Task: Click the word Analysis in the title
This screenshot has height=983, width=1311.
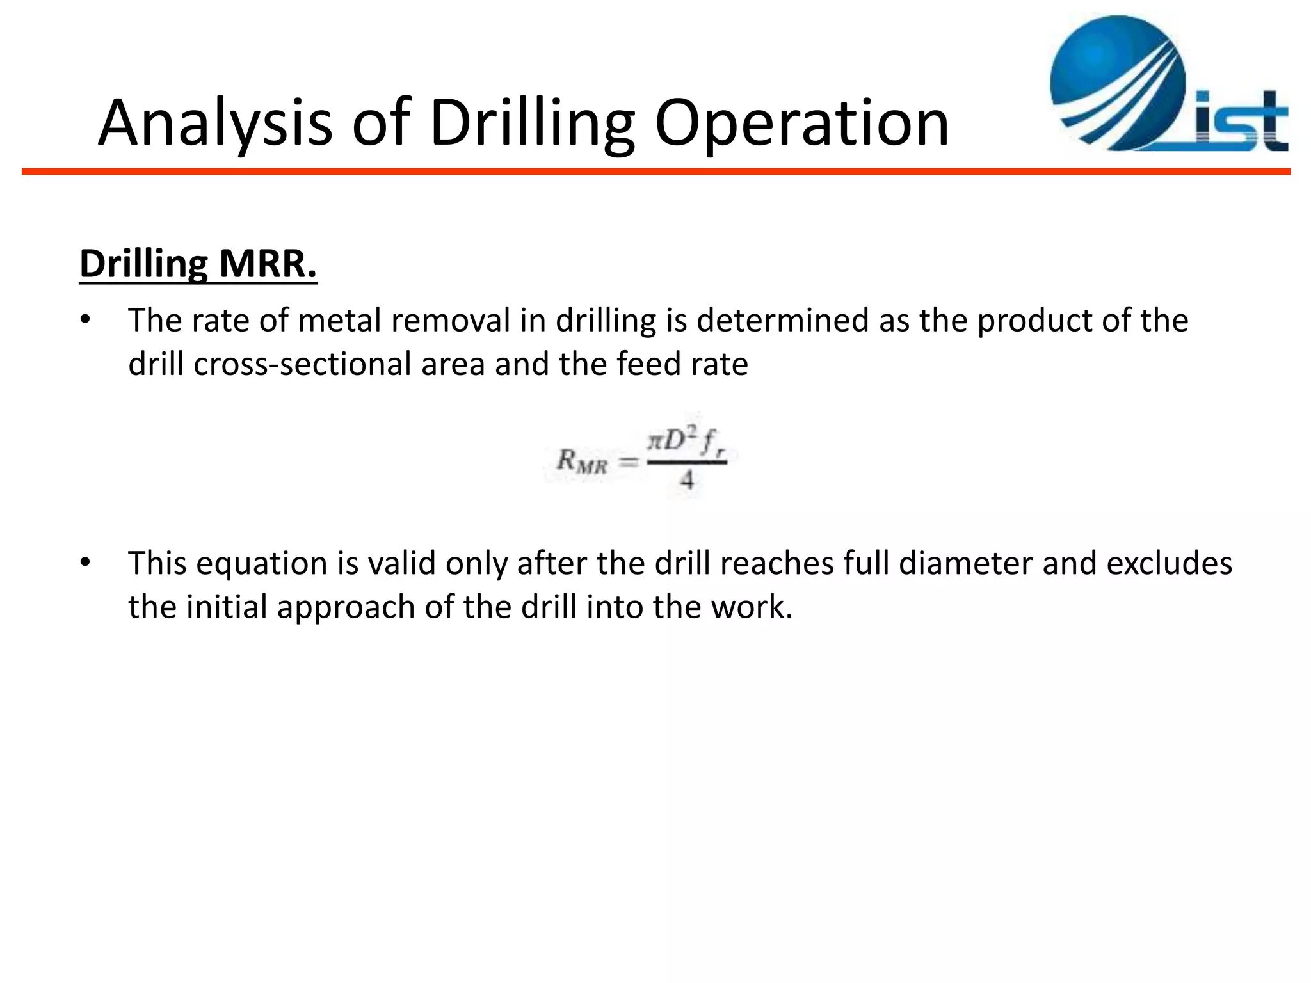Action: click(x=215, y=123)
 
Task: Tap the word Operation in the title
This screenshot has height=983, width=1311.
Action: click(x=801, y=123)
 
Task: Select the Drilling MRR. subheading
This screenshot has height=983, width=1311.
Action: click(x=198, y=264)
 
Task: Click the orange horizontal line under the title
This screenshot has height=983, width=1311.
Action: click(x=655, y=172)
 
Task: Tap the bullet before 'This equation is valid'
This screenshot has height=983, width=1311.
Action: click(x=86, y=563)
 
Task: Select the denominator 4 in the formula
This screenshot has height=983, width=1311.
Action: click(x=687, y=479)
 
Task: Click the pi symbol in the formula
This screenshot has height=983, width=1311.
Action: click(x=654, y=441)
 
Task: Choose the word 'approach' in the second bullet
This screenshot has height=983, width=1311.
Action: click(x=346, y=607)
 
